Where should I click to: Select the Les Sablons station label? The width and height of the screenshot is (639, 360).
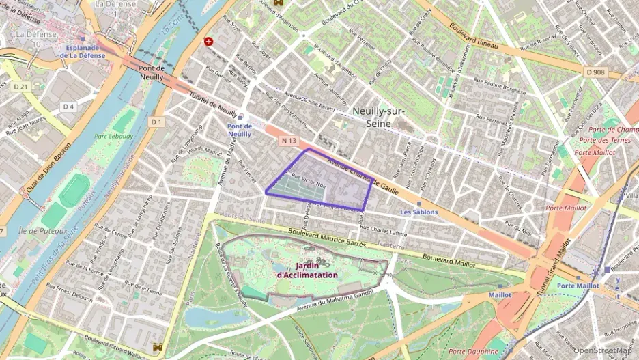(418, 212)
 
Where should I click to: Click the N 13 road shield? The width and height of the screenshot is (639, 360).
(289, 141)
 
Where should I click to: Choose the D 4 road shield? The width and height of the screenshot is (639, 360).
(68, 107)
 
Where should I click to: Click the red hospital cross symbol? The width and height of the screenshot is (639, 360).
(208, 41)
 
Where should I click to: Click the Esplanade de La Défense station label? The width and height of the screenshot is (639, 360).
(86, 52)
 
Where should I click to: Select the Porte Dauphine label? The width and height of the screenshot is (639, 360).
(473, 352)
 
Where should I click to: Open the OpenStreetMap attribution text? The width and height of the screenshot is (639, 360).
(602, 350)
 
